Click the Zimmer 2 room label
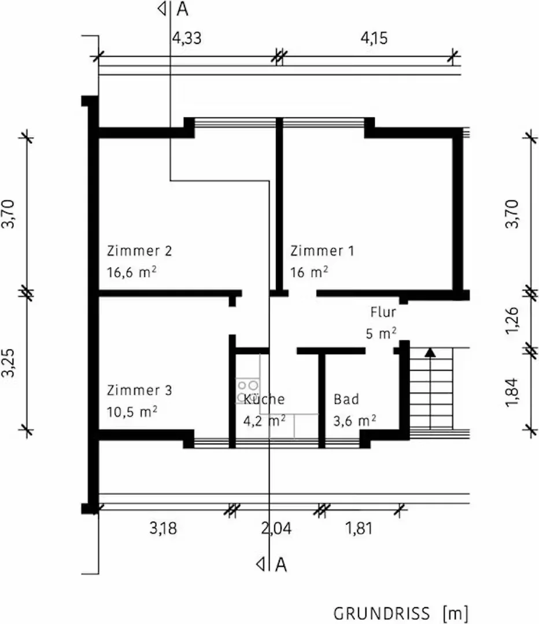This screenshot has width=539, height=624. pyautogui.click(x=139, y=251)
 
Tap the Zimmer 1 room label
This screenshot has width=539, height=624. pyautogui.click(x=322, y=251)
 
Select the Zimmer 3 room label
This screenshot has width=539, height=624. pyautogui.click(x=139, y=390)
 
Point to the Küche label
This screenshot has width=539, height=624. pyautogui.click(x=264, y=399)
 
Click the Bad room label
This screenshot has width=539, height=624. pyautogui.click(x=346, y=399)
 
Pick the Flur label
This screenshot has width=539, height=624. pyautogui.click(x=383, y=312)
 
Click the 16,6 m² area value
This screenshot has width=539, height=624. pyautogui.click(x=131, y=272)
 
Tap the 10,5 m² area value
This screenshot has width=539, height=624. pyautogui.click(x=131, y=411)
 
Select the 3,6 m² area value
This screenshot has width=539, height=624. pyautogui.click(x=355, y=421)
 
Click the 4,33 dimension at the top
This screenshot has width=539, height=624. pyautogui.click(x=187, y=38)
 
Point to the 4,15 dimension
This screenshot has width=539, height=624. pyautogui.click(x=374, y=38)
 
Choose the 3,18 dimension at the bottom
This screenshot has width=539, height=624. pyautogui.click(x=163, y=529)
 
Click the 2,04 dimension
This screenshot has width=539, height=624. pyautogui.click(x=276, y=529)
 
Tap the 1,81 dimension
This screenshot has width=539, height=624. pyautogui.click(x=359, y=529)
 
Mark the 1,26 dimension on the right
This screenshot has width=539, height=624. pyautogui.click(x=512, y=321)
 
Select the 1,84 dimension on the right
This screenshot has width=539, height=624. pyautogui.click(x=512, y=392)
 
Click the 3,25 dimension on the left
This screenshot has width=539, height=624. pyautogui.click(x=8, y=362)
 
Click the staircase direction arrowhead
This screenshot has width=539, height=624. pyautogui.click(x=430, y=352)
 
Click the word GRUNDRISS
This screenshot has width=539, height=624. pyautogui.click(x=382, y=614)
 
